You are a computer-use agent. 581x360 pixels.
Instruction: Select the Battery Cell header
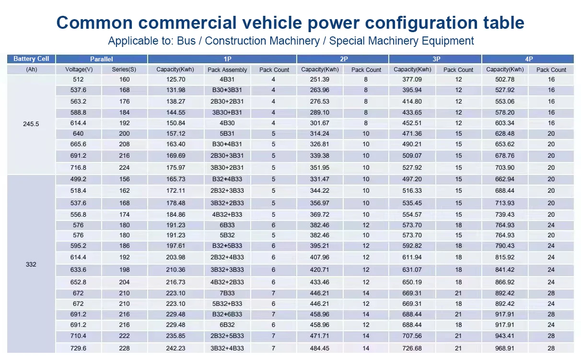(31, 59)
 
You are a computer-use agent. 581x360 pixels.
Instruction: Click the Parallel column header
(101, 59)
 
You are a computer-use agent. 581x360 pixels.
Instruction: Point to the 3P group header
(436, 59)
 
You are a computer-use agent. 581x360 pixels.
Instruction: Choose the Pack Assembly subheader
(227, 70)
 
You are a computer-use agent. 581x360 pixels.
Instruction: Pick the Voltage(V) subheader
(79, 70)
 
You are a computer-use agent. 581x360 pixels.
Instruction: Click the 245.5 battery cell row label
(31, 124)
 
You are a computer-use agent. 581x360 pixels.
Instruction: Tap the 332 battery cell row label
(31, 264)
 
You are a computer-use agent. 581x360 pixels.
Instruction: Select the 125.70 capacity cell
(175, 80)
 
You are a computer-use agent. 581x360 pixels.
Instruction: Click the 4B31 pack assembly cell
(227, 80)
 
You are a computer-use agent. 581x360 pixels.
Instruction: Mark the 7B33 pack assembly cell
(227, 293)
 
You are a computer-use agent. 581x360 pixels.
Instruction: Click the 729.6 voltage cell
(79, 348)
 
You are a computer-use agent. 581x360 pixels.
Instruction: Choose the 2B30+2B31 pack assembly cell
(227, 101)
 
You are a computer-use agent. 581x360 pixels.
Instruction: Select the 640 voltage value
(79, 134)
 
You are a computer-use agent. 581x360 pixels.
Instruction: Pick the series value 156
(124, 179)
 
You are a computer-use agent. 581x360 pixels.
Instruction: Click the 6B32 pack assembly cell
(227, 325)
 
